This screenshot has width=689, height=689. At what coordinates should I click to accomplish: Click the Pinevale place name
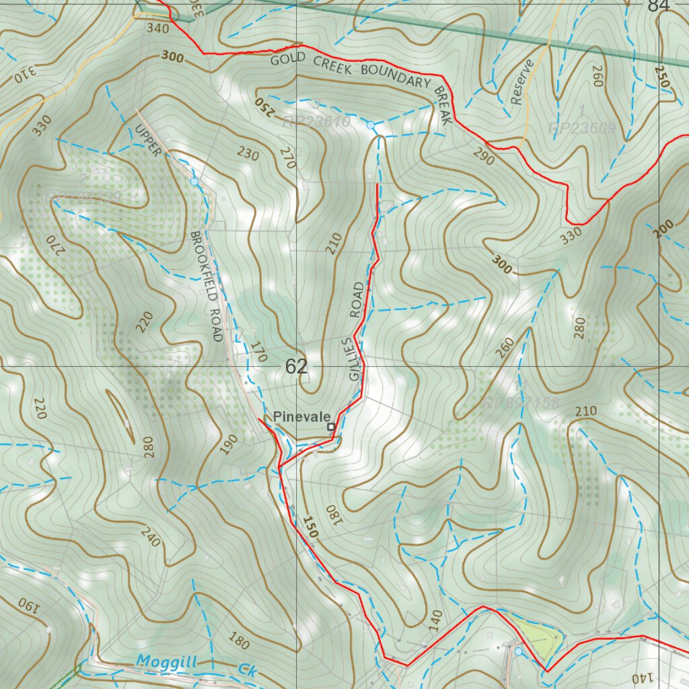click(301, 417)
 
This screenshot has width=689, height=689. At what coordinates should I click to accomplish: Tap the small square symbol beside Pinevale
click(330, 427)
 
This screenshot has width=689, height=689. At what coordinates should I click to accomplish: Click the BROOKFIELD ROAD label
click(207, 287)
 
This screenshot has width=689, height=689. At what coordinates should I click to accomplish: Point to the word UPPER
click(148, 140)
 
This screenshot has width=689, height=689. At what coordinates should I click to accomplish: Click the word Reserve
click(521, 82)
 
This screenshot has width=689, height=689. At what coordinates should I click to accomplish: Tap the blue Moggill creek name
click(166, 662)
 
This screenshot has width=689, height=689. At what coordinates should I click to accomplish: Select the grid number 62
click(296, 367)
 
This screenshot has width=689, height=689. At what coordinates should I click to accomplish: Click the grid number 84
click(659, 6)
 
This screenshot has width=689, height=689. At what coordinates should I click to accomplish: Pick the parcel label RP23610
click(316, 122)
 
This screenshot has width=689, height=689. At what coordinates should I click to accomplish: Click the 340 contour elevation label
click(157, 29)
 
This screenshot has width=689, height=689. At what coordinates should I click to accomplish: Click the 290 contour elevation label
click(484, 159)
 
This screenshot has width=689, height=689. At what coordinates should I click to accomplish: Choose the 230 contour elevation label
click(248, 154)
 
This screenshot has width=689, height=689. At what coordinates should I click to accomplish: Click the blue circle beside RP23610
click(370, 125)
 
